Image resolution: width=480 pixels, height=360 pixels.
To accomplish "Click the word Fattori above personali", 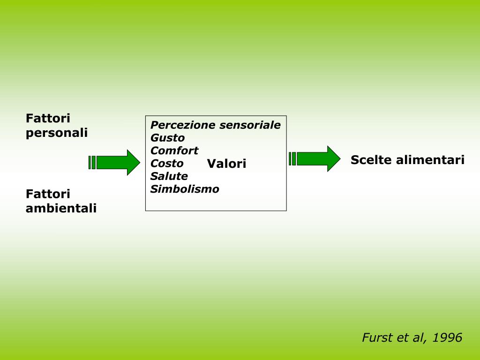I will pyautogui.click(x=48, y=119).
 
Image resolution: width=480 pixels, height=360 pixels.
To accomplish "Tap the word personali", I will pyautogui.click(x=57, y=133).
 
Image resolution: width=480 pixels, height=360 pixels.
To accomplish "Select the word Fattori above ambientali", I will pyautogui.click(x=48, y=194).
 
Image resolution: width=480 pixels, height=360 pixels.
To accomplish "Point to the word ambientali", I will pyautogui.click(x=61, y=208).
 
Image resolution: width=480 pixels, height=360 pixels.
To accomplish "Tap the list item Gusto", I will pyautogui.click(x=167, y=138).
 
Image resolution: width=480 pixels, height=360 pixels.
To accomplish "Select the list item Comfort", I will pyautogui.click(x=174, y=150).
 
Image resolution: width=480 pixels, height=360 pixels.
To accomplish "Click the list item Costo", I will pyautogui.click(x=167, y=164).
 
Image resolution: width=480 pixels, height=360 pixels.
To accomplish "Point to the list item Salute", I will pyautogui.click(x=169, y=176).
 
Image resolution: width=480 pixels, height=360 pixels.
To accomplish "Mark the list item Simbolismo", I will pyautogui.click(x=185, y=189).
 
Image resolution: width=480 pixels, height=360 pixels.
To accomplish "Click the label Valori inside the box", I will pyautogui.click(x=226, y=164).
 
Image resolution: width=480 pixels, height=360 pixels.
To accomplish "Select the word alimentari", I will pyautogui.click(x=430, y=160).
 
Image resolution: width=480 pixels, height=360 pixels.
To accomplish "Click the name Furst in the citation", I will pyautogui.click(x=375, y=337).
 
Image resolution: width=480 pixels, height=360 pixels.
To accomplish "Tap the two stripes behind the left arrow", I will pyautogui.click(x=92, y=162).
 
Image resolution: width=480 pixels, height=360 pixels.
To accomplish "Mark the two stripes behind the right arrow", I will pyautogui.click(x=292, y=159).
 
